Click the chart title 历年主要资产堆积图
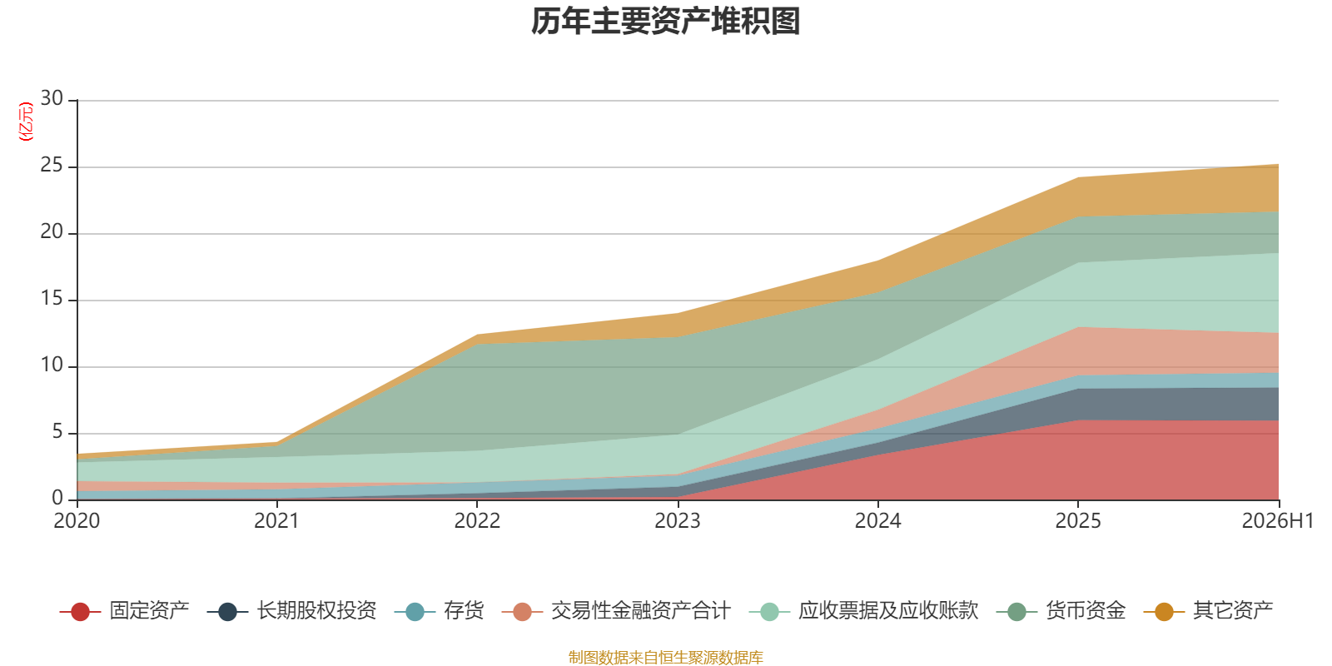pyautogui.click(x=665, y=22)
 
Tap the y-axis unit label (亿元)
pyautogui.click(x=26, y=122)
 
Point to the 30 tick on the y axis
pyautogui.click(x=52, y=98)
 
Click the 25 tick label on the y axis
pyautogui.click(x=52, y=165)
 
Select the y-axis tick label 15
pyautogui.click(x=52, y=298)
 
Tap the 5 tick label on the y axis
pyautogui.click(x=57, y=431)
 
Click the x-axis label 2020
pyautogui.click(x=77, y=521)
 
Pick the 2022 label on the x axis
pyautogui.click(x=477, y=521)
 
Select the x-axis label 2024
pyautogui.click(x=877, y=521)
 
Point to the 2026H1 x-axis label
pyautogui.click(x=1277, y=521)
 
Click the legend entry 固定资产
pyautogui.click(x=124, y=611)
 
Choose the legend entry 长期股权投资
pyautogui.click(x=292, y=611)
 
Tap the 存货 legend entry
pyautogui.click(x=439, y=611)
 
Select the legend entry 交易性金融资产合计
pyautogui.click(x=616, y=611)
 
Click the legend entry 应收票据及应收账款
pyautogui.click(x=863, y=611)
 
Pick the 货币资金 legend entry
pyautogui.click(x=1061, y=611)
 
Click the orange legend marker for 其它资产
pyautogui.click(x=1164, y=611)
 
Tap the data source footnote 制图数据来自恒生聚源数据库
pyautogui.click(x=665, y=657)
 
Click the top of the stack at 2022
pyautogui.click(x=477, y=335)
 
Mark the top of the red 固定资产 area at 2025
pyautogui.click(x=1078, y=420)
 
